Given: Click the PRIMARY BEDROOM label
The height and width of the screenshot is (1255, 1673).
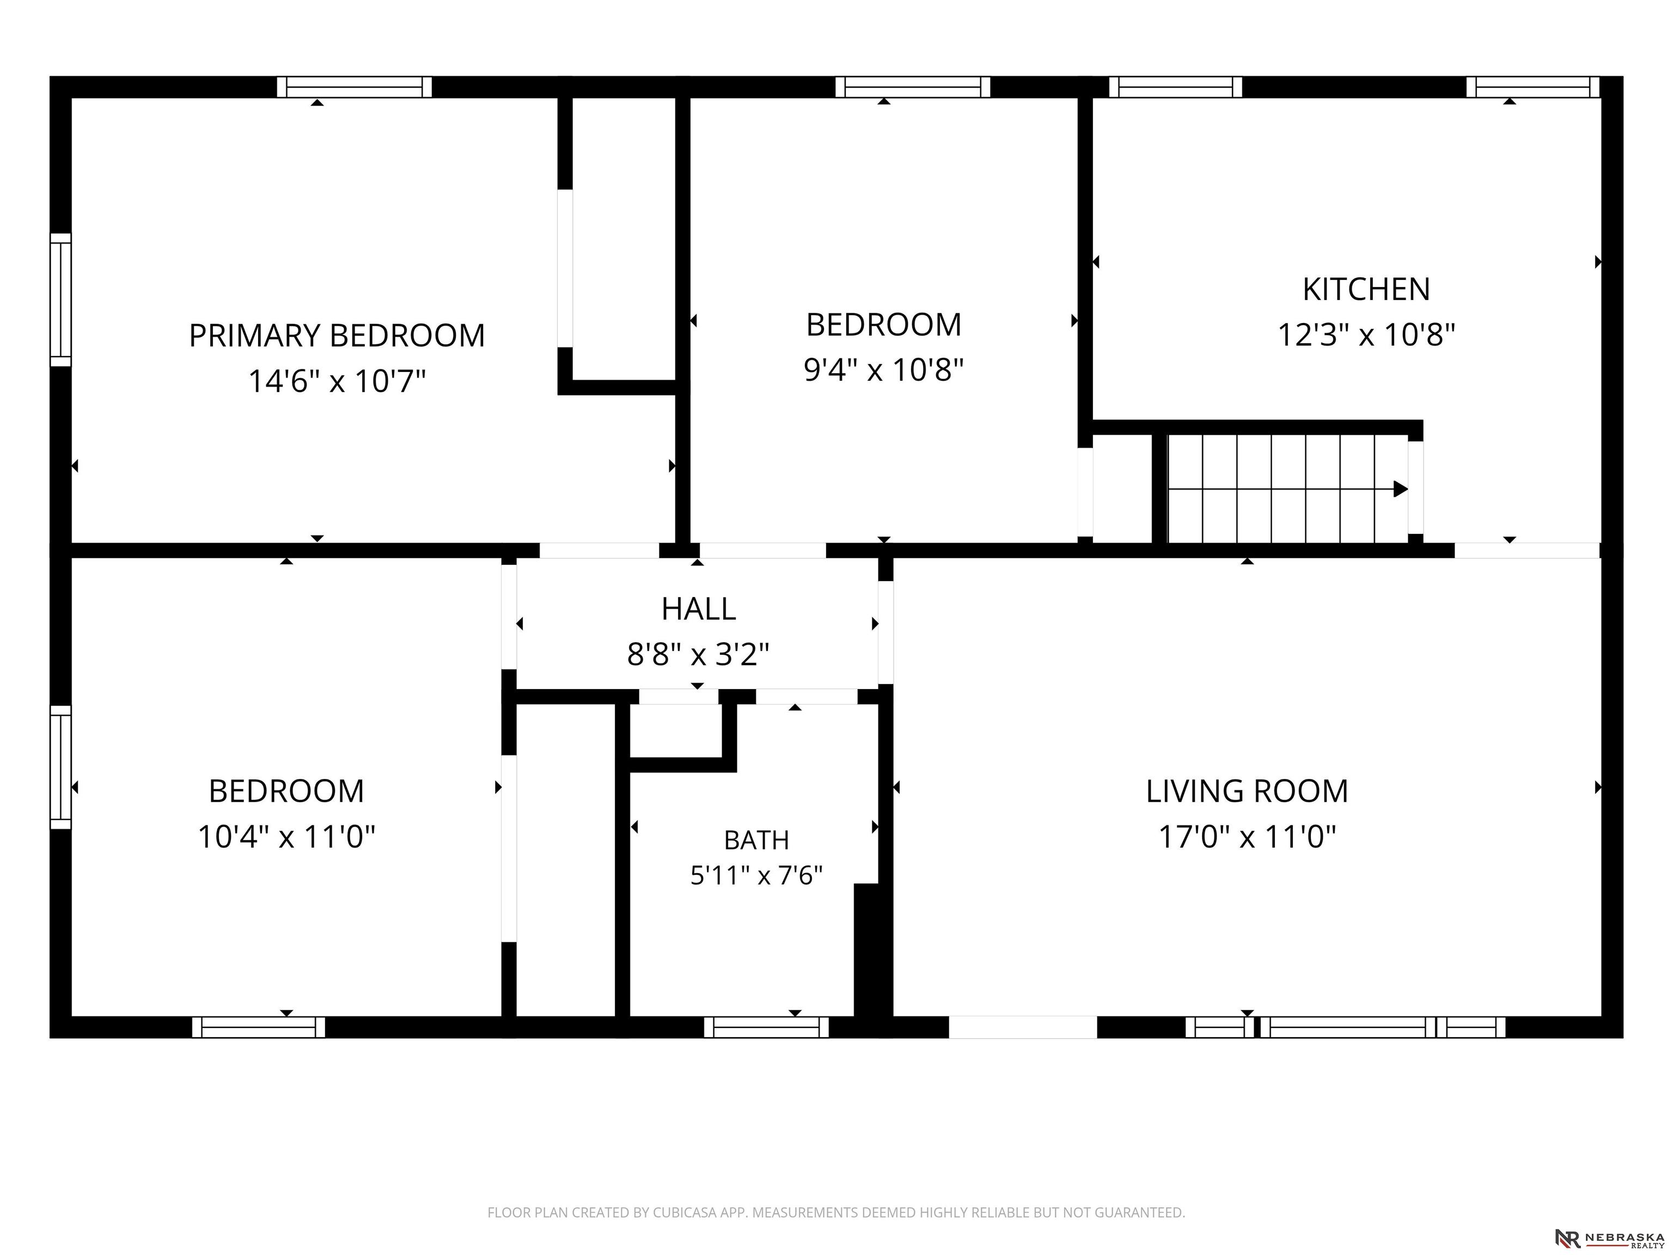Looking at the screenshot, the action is [x=337, y=335].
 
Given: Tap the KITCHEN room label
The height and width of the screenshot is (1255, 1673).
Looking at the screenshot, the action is [x=1366, y=289].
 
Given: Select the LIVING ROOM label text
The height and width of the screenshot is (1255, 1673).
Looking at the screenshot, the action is [x=1247, y=791].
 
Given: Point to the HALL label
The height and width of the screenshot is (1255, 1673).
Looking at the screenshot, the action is [x=698, y=609].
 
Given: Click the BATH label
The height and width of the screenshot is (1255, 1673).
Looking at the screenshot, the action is [x=756, y=840].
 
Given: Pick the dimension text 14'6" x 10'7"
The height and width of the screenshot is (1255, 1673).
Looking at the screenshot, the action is [x=337, y=381].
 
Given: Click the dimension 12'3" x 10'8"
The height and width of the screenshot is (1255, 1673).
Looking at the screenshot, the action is [x=1366, y=334].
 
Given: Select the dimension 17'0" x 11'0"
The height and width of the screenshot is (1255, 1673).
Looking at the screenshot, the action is [x=1247, y=837].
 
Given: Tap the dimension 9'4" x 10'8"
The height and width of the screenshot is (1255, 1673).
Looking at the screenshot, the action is [x=883, y=370].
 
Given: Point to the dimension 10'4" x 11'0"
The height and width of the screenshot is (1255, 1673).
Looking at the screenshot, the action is [x=286, y=837].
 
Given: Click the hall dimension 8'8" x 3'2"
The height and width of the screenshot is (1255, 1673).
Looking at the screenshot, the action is [x=698, y=654].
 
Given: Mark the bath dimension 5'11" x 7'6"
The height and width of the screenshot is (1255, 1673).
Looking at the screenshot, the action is [x=756, y=875].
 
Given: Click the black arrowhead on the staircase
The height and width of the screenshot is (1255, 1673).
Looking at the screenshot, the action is [x=1401, y=489].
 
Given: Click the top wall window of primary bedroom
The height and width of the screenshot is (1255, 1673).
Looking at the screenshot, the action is [x=354, y=87].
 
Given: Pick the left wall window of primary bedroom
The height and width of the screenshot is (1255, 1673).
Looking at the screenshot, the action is [x=60, y=300].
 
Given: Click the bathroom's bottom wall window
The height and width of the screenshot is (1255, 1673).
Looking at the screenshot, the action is [x=766, y=1027].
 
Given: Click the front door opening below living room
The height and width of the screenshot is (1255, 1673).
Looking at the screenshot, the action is [x=1023, y=1027].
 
